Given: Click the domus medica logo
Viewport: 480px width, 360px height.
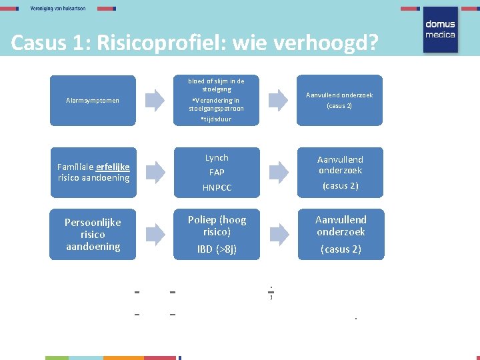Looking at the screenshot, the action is click(440, 29).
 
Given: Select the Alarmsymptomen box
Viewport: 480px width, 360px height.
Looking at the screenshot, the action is click(93, 101).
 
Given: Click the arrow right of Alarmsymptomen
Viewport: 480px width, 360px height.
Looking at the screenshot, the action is click(155, 100).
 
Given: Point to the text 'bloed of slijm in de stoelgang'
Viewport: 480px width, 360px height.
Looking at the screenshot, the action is click(217, 85).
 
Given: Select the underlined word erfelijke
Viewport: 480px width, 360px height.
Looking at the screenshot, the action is click(113, 167).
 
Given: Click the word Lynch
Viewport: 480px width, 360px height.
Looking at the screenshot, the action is click(217, 158).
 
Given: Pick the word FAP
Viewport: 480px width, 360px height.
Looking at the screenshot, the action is click(217, 173).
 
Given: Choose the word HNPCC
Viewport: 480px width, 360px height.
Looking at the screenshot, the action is click(217, 188).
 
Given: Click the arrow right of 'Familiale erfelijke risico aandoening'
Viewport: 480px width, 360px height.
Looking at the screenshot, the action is click(155, 172).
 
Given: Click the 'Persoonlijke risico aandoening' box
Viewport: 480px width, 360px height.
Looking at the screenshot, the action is click(93, 234).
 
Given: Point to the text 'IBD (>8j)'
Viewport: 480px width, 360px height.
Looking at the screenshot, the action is click(217, 249).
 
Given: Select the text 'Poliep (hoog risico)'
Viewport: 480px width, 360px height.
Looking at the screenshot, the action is click(217, 225).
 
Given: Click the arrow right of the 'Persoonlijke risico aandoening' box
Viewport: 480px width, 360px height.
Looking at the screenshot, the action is click(155, 233).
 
